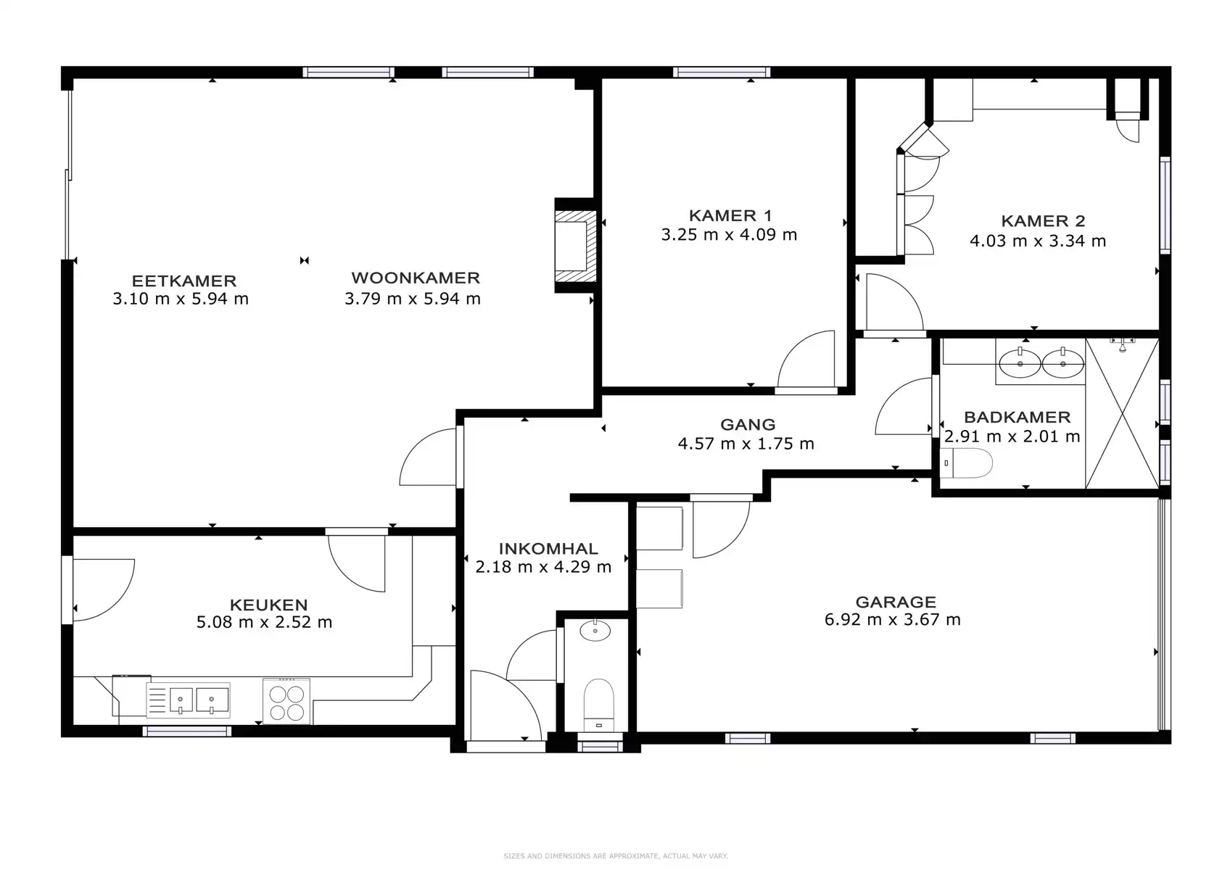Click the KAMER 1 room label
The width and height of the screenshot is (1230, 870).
730,216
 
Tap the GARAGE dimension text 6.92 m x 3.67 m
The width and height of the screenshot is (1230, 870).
892,620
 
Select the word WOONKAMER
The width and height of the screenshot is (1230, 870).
416,278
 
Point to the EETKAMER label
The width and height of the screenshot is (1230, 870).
184,281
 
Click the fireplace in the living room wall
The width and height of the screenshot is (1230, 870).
575,245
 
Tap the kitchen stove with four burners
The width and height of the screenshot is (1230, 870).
286,702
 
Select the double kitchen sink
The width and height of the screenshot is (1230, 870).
189,700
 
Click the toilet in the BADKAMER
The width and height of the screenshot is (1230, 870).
967,463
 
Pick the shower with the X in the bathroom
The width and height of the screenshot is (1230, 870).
1123,413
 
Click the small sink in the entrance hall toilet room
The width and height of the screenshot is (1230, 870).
595,631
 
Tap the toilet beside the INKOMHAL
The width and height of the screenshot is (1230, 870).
598,705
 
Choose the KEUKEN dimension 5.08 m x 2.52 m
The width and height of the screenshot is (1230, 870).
264,622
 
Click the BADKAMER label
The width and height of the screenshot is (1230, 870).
1017,417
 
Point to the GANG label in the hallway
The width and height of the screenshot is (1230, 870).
748,424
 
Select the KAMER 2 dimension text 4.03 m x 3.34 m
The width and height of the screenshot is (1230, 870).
1038,241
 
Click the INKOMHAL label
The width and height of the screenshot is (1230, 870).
548,548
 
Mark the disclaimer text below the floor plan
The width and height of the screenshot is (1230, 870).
616,855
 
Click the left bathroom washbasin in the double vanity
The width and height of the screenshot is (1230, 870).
1020,364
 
